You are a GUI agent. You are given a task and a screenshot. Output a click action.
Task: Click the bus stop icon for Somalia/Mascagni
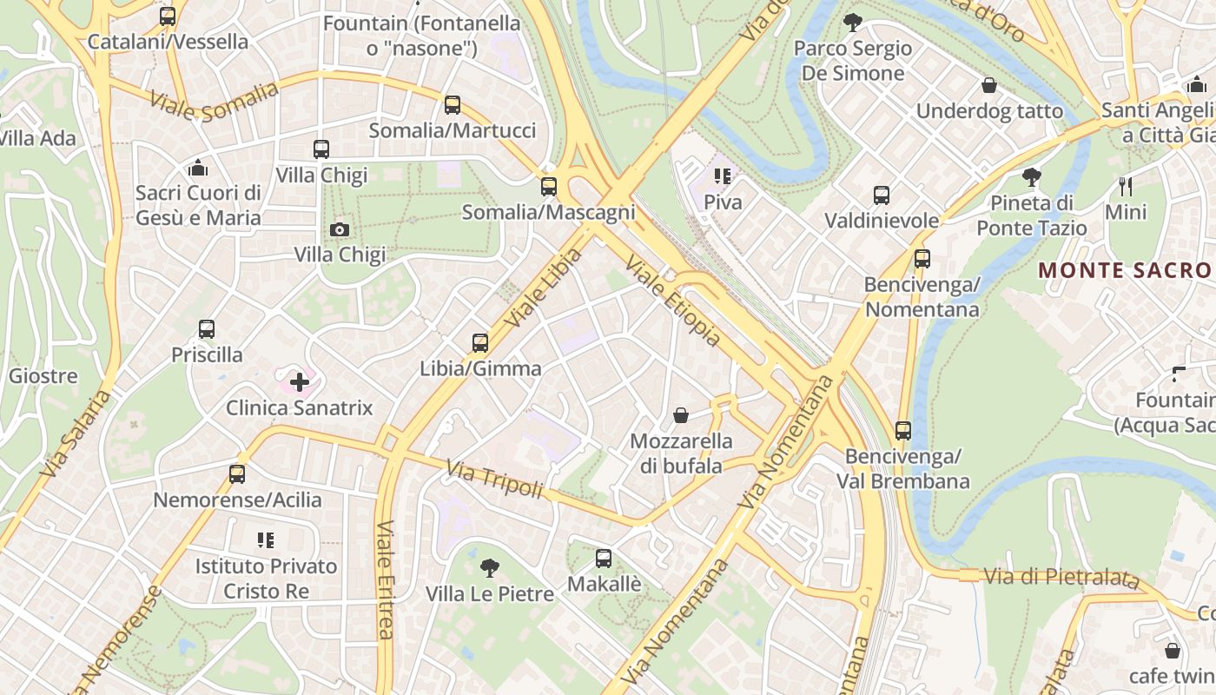pyautogui.click(x=548, y=186)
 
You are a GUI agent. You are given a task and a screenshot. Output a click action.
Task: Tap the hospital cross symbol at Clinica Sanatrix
pyautogui.click(x=299, y=381)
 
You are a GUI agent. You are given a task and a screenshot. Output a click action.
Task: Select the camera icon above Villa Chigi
pyautogui.click(x=340, y=229)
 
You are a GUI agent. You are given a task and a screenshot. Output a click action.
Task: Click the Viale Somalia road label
pyautogui.click(x=214, y=101)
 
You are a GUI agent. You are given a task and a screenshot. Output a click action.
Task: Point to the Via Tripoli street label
pyautogui.click(x=494, y=479)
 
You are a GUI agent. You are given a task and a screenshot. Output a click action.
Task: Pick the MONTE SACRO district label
pyautogui.click(x=1126, y=270)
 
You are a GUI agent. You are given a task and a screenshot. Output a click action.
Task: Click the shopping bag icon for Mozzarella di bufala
pyautogui.click(x=681, y=415)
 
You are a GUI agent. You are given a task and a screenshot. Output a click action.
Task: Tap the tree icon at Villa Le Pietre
pyautogui.click(x=490, y=568)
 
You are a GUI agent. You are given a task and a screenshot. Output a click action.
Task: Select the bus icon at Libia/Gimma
pyautogui.click(x=480, y=342)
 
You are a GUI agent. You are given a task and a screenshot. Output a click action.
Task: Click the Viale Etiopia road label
pyautogui.click(x=673, y=301)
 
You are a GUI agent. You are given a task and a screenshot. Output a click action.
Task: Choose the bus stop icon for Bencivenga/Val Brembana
pyautogui.click(x=903, y=430)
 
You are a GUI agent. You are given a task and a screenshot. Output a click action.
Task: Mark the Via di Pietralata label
pyautogui.click(x=1061, y=577)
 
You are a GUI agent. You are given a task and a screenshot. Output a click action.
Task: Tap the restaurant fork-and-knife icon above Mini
pyautogui.click(x=1126, y=186)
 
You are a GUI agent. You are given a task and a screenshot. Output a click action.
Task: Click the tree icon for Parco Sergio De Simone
pyautogui.click(x=853, y=22)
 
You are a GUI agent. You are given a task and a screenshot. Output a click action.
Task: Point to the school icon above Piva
pyautogui.click(x=722, y=176)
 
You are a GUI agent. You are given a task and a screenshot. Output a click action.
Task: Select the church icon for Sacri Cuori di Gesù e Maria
pyautogui.click(x=198, y=167)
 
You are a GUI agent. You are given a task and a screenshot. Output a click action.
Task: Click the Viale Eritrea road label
pyautogui.click(x=385, y=579)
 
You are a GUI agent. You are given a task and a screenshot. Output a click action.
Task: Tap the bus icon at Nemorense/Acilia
pyautogui.click(x=237, y=474)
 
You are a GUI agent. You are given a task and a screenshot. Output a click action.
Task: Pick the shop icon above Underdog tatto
pyautogui.click(x=988, y=85)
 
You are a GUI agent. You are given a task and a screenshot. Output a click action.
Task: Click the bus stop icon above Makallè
pyautogui.click(x=604, y=558)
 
